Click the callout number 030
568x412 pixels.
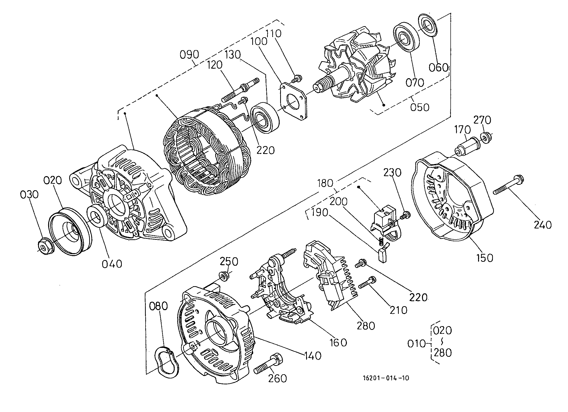29,195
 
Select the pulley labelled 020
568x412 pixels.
70,231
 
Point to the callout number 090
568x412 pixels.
189,55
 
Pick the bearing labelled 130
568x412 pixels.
265,118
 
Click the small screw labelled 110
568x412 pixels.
297,78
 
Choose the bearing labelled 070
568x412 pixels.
406,37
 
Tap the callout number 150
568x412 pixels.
485,258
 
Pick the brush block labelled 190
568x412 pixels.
383,255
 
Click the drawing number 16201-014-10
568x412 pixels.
386,378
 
